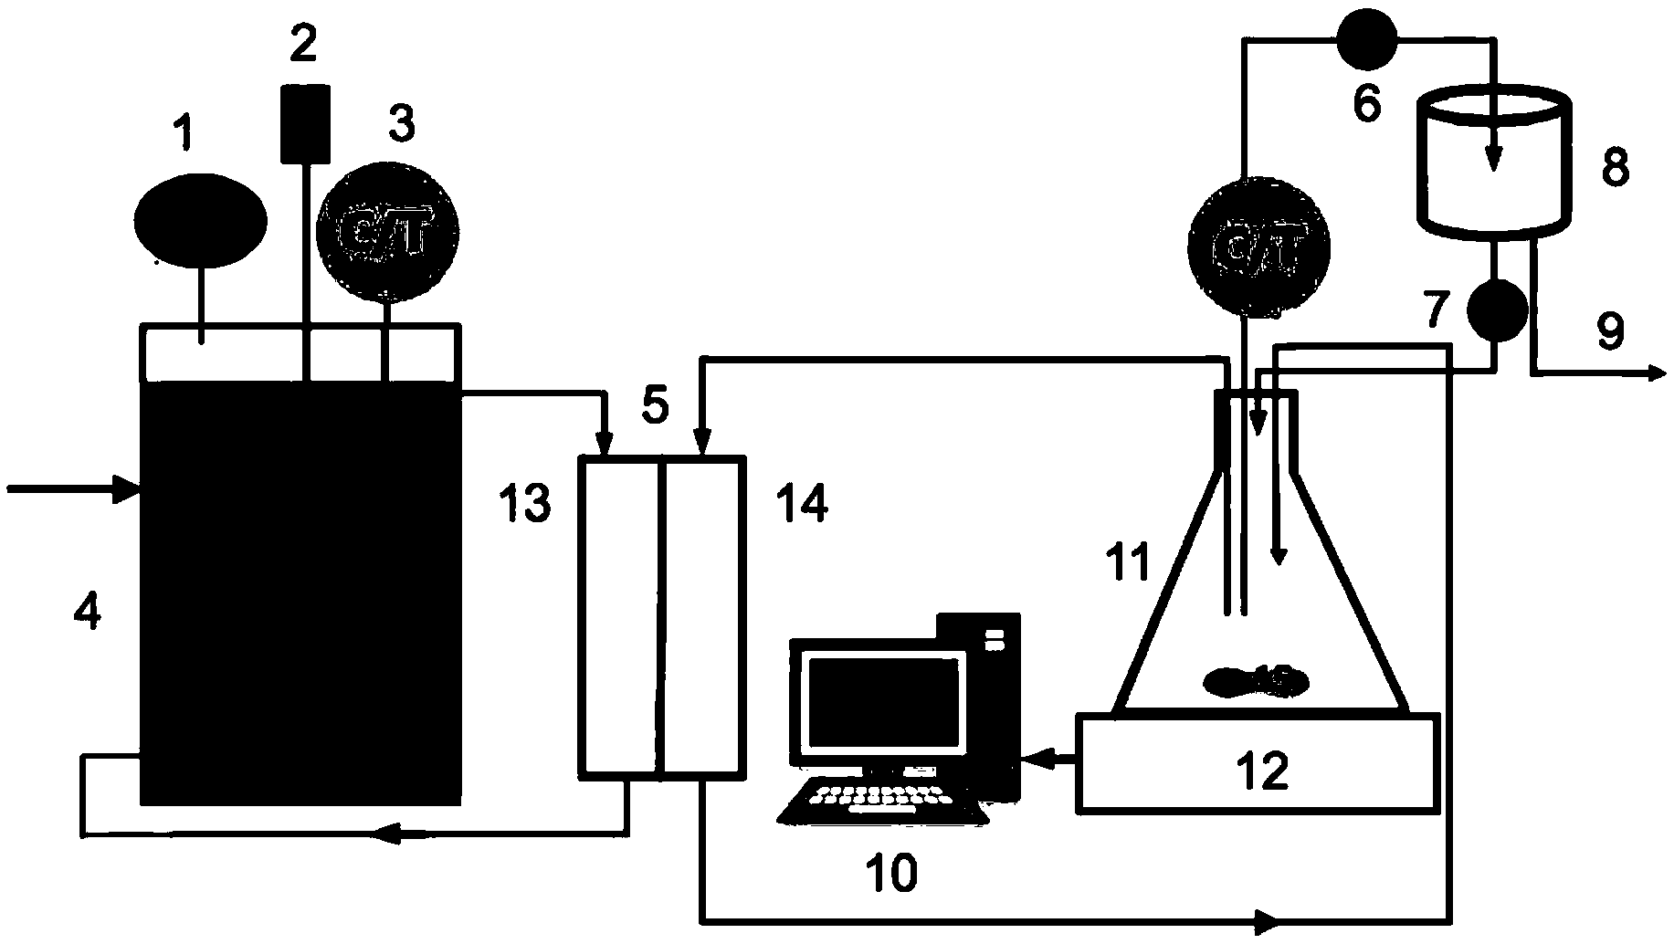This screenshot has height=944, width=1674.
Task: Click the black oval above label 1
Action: [201, 219]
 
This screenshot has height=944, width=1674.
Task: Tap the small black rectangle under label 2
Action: [304, 123]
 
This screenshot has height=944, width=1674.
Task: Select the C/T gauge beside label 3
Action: [387, 233]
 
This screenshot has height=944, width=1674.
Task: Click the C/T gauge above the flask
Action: [1258, 246]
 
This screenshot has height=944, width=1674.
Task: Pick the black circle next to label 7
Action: [1496, 309]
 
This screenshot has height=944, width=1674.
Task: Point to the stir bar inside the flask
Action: [1258, 681]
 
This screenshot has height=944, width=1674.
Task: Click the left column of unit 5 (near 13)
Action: [621, 621]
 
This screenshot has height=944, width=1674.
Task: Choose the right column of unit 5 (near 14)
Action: [700, 621]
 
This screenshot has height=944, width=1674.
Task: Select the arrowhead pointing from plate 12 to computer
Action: [1034, 757]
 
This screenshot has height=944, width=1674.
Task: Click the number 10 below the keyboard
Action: [891, 874]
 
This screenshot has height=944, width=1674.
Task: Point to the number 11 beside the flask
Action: [1129, 563]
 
